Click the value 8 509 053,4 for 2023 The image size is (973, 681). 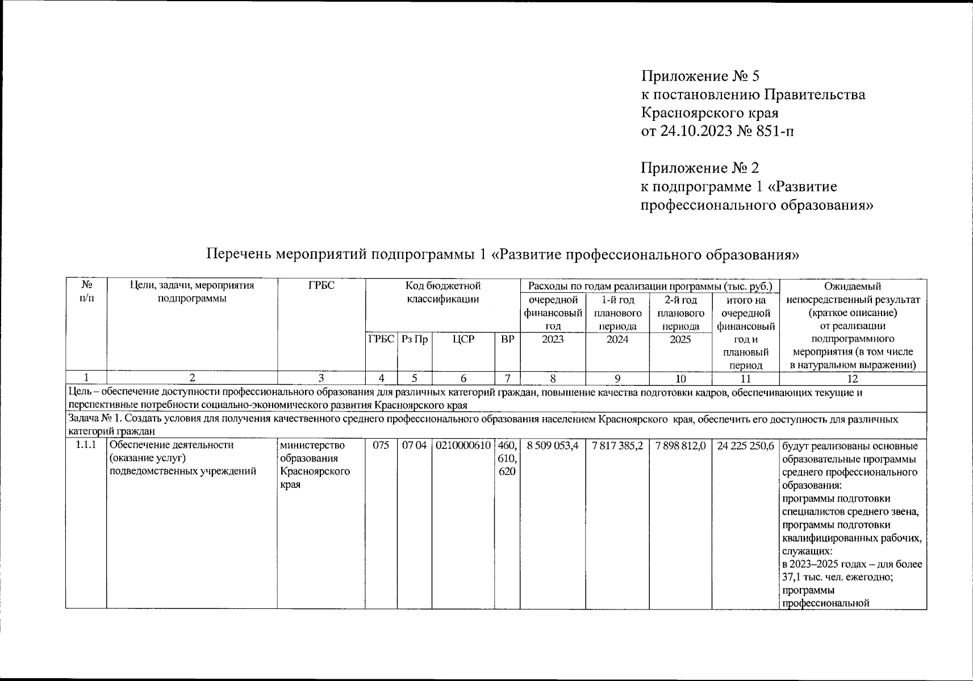pyautogui.click(x=553, y=446)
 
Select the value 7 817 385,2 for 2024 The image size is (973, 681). pyautogui.click(x=617, y=446)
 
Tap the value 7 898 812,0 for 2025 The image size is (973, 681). pyautogui.click(x=680, y=446)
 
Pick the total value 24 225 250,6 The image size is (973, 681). pyautogui.click(x=746, y=446)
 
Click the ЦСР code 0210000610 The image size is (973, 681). pyautogui.click(x=463, y=446)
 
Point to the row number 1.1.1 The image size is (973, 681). pyautogui.click(x=86, y=446)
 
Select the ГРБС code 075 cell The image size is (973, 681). pyautogui.click(x=381, y=446)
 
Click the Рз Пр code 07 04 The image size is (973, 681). pyautogui.click(x=414, y=446)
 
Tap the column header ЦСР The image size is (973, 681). pyautogui.click(x=463, y=339)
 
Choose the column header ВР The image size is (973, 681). pyautogui.click(x=507, y=339)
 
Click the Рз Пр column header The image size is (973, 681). pyautogui.click(x=414, y=339)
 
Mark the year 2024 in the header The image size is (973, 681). pyautogui.click(x=617, y=339)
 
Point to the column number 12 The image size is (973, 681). pyautogui.click(x=852, y=379)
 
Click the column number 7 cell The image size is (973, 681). pyautogui.click(x=507, y=379)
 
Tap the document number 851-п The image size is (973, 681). pyautogui.click(x=775, y=131)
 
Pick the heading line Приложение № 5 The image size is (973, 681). pyautogui.click(x=700, y=76)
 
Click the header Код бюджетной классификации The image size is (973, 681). pyautogui.click(x=442, y=292)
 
